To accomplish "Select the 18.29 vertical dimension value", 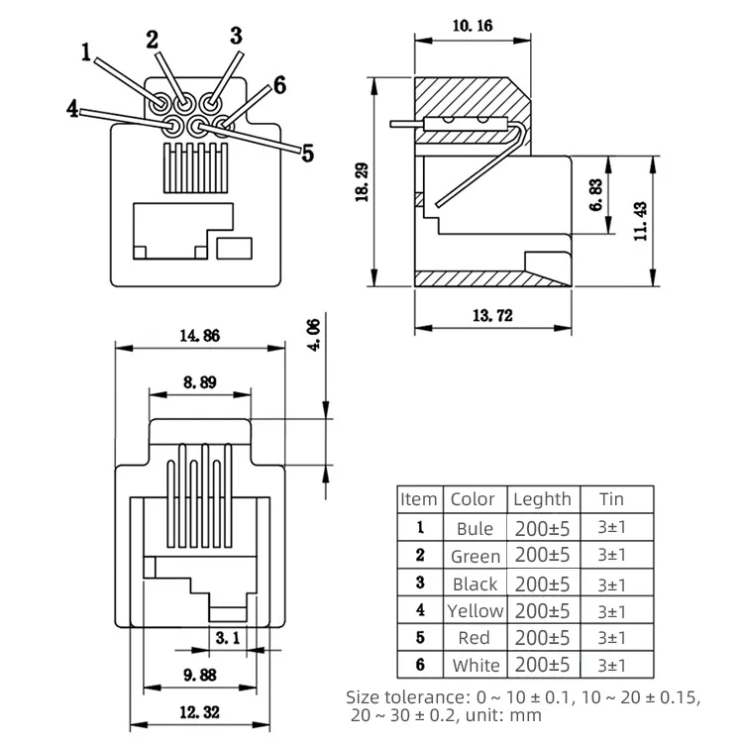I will tap(363, 181).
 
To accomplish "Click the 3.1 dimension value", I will tap(228, 639).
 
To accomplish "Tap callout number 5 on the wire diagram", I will tap(307, 153).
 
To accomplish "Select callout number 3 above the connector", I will tap(236, 36).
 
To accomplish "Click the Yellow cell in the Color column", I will tap(475, 610).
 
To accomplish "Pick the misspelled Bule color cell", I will tap(475, 528).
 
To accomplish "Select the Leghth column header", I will tap(541, 499).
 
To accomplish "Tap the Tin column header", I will tap(611, 499).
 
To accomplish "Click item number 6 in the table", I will tap(419, 665).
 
